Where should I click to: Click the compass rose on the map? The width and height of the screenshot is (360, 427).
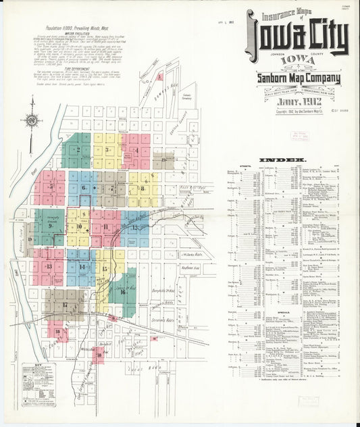click(x=32, y=121)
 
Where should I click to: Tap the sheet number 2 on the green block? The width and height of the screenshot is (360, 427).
click(x=78, y=150)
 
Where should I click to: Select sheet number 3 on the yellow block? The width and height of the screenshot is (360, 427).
click(x=106, y=148)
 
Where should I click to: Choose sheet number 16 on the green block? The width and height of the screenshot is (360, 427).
click(x=122, y=293)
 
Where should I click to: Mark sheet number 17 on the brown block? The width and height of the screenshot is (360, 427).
click(x=65, y=305)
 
